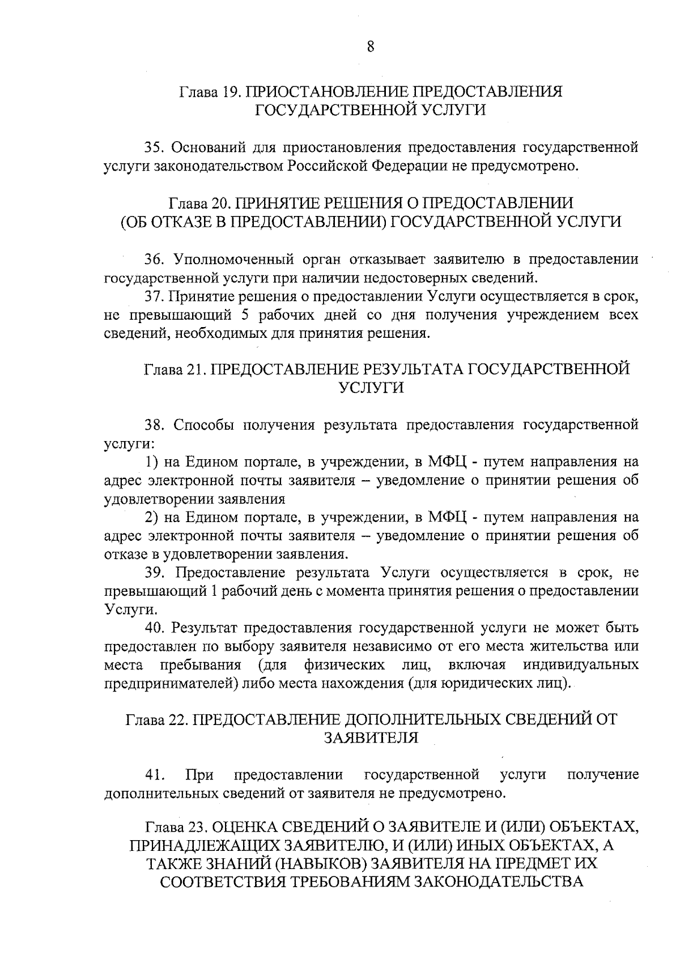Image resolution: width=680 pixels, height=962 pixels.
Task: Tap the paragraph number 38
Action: click(154, 425)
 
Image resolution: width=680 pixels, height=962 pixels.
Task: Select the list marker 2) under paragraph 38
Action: click(151, 517)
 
